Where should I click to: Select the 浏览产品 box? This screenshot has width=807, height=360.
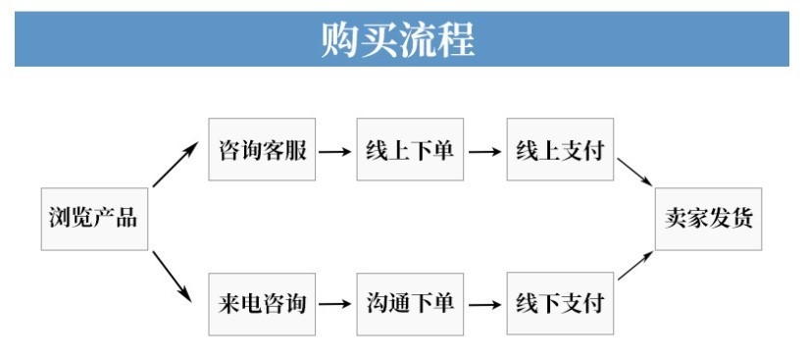93,218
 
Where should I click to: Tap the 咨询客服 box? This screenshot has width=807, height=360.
262,151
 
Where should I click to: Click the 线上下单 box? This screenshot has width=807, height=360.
411,151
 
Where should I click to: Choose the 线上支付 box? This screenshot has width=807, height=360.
560,151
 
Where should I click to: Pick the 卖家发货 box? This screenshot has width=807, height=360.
708,218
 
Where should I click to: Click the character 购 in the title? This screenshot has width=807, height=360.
342,39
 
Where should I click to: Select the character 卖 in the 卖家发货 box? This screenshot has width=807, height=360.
676,218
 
